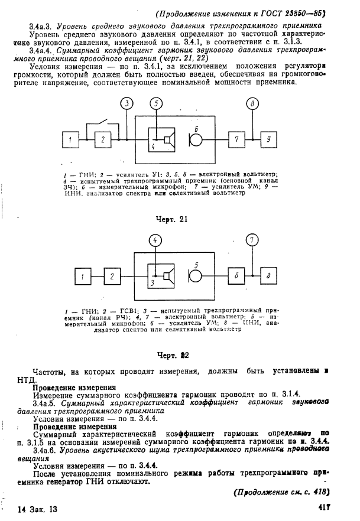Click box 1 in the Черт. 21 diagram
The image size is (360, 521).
pyautogui.click(x=71, y=139)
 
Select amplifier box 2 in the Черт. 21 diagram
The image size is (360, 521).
pyautogui.click(x=103, y=139)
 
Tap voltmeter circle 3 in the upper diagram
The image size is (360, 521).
pyautogui.click(x=127, y=105)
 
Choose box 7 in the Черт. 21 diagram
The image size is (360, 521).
pyautogui.click(x=236, y=139)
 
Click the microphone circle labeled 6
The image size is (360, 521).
pyautogui.click(x=196, y=140)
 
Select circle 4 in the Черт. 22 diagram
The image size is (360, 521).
pyautogui.click(x=155, y=240)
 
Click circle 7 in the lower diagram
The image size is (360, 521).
pyautogui.click(x=252, y=240)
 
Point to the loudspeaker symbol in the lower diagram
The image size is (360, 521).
pyautogui.click(x=169, y=276)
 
